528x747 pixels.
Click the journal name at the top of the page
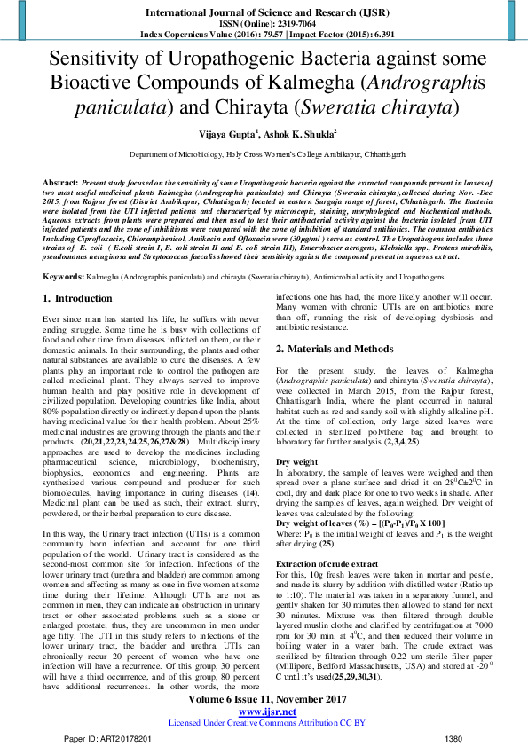click(x=263, y=13)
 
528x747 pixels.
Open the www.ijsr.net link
click(x=263, y=712)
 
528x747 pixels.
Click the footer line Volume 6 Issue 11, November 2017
click(x=263, y=700)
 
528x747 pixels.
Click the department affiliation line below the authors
click(x=263, y=154)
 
